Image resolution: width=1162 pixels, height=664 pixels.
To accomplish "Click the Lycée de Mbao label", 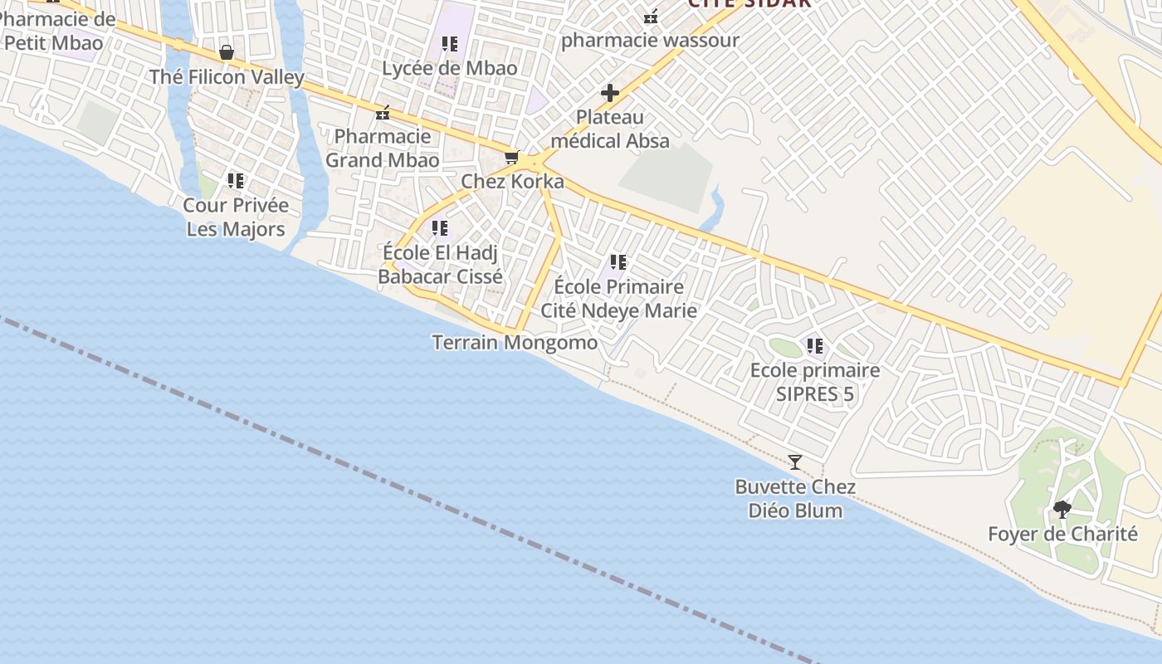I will (449, 68).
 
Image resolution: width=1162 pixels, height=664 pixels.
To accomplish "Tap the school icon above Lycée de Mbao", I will (449, 44).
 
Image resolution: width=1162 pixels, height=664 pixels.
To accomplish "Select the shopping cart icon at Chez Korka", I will (512, 157).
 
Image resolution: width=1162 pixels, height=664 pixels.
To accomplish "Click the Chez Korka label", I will (512, 182).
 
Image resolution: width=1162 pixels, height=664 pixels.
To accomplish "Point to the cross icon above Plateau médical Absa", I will (610, 93).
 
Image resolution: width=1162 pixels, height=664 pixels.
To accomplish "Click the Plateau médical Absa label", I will (610, 129).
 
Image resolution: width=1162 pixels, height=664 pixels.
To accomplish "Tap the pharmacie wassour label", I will (650, 40).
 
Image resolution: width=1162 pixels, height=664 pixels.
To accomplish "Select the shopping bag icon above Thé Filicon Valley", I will (226, 53).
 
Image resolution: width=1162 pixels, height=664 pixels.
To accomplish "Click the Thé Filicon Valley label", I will (227, 77).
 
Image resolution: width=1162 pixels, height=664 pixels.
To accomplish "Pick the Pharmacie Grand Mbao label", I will (382, 148).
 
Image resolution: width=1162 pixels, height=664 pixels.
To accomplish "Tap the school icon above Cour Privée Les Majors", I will (236, 180).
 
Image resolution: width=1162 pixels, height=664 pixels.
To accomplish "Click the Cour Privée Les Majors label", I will (236, 217).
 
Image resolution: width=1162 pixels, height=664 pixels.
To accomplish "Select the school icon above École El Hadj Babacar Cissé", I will (440, 227).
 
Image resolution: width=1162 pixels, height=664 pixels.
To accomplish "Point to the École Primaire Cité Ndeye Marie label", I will (618, 298).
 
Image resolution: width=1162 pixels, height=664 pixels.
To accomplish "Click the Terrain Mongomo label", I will (515, 342).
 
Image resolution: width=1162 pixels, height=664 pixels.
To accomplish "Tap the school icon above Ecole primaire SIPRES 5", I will (815, 346).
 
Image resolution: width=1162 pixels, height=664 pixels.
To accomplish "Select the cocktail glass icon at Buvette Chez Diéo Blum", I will (795, 462).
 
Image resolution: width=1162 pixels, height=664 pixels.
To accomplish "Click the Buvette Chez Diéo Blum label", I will (795, 498).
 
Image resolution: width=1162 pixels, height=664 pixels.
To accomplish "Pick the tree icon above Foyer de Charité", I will (1062, 510).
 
